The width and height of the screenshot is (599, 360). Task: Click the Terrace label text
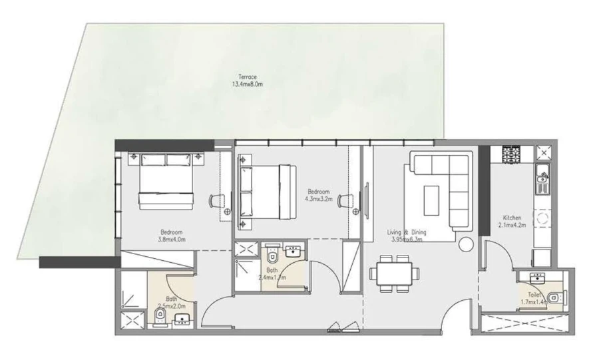248,77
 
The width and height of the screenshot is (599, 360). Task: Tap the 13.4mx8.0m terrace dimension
248,84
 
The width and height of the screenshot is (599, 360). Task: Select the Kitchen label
512,218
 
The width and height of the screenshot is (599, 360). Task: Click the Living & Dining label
407,232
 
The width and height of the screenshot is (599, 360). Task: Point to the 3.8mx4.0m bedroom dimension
171,239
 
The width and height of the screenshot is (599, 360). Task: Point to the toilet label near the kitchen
535,295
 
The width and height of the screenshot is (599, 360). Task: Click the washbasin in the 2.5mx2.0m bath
180,322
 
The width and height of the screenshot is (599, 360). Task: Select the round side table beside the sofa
465,242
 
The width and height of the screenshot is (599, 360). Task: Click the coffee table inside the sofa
432,195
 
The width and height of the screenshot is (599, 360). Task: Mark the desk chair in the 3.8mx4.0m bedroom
218,200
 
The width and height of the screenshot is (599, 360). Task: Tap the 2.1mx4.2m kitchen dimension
512,225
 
